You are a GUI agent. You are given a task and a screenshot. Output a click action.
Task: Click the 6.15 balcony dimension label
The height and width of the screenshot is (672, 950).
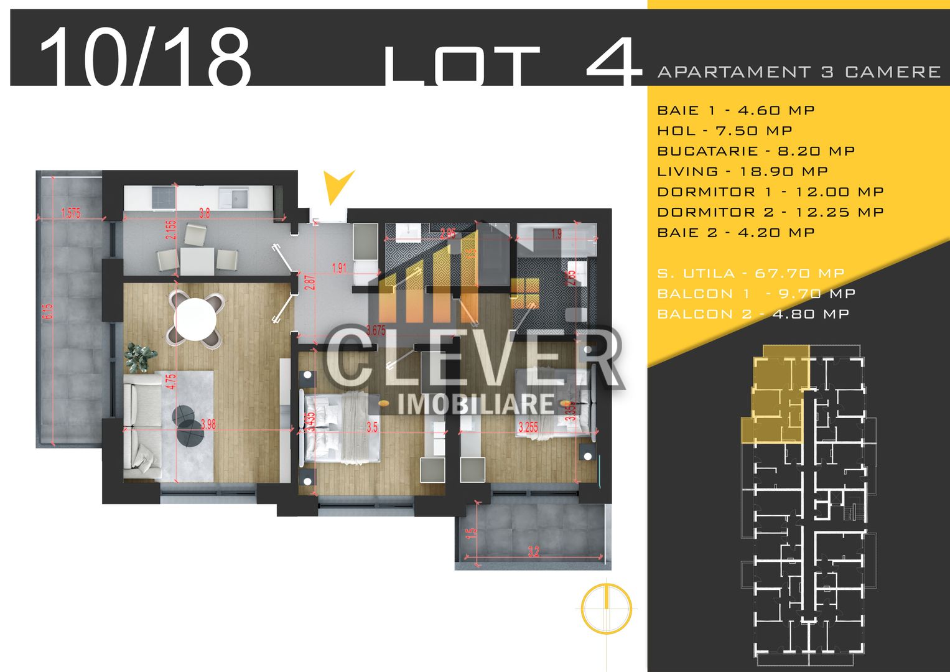(x=48, y=311)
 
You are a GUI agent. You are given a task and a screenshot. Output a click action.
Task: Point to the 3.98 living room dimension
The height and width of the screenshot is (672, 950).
(x=208, y=425)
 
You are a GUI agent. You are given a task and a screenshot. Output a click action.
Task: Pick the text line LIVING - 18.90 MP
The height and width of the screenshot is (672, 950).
(x=742, y=171)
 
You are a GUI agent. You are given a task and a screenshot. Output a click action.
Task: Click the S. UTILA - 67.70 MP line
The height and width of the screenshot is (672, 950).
(x=750, y=273)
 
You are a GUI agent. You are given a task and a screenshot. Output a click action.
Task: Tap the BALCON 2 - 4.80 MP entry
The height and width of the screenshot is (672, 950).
(x=753, y=314)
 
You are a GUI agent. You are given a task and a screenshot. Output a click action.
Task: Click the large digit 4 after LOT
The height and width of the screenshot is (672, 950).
(x=613, y=62)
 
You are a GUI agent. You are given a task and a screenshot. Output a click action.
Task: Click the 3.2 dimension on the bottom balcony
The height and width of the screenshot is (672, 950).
(x=533, y=551)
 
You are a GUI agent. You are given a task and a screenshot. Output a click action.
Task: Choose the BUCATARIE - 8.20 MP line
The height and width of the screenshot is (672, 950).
(x=756, y=151)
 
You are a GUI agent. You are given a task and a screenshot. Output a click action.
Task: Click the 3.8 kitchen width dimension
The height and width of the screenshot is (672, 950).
(x=204, y=213)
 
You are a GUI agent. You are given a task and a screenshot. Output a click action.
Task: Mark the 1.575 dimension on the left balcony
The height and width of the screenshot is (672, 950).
(x=71, y=213)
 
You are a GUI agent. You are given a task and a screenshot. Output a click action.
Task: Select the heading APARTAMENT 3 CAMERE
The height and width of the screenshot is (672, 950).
(x=799, y=72)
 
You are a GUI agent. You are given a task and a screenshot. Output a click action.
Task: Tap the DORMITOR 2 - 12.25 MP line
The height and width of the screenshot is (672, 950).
(x=770, y=212)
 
